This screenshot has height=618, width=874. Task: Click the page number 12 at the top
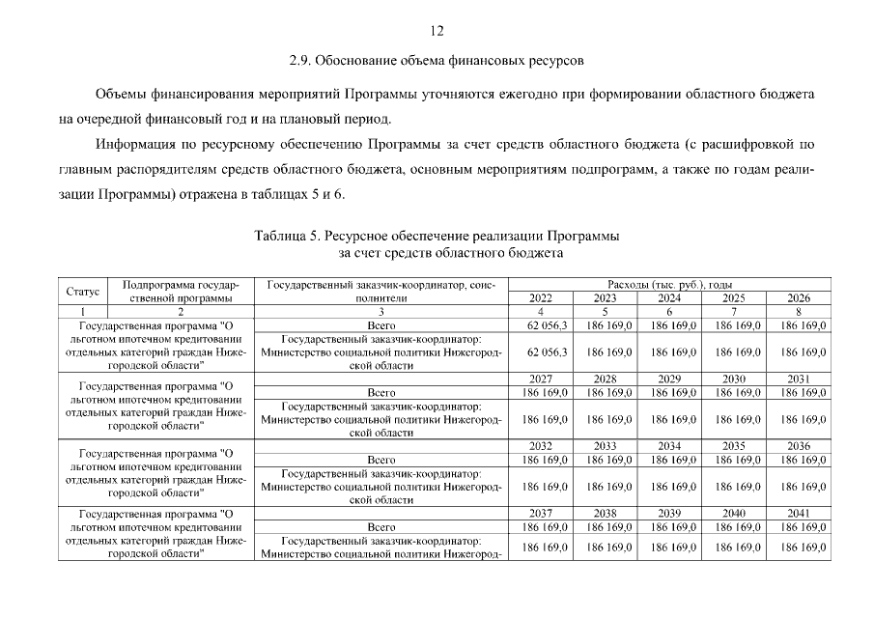pyautogui.click(x=437, y=32)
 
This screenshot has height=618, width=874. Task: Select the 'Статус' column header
pyautogui.click(x=83, y=292)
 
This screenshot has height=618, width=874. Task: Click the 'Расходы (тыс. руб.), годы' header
pyautogui.click(x=668, y=285)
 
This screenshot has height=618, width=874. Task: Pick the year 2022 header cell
pyautogui.click(x=541, y=298)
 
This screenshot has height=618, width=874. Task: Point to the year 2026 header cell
pyautogui.click(x=798, y=298)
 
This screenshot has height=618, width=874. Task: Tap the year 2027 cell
pyautogui.click(x=541, y=379)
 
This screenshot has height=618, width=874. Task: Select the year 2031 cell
pyautogui.click(x=798, y=379)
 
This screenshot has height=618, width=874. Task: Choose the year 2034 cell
pyautogui.click(x=669, y=446)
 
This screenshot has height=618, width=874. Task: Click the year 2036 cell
pyautogui.click(x=798, y=446)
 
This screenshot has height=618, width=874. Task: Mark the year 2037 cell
pyautogui.click(x=541, y=514)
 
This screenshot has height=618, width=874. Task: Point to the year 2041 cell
pyautogui.click(x=798, y=514)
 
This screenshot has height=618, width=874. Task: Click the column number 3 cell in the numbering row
pyautogui.click(x=381, y=312)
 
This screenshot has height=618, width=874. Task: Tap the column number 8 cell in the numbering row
pyautogui.click(x=798, y=312)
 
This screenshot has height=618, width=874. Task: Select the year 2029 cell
pyautogui.click(x=669, y=379)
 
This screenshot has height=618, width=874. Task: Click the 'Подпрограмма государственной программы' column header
pyautogui.click(x=181, y=292)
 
